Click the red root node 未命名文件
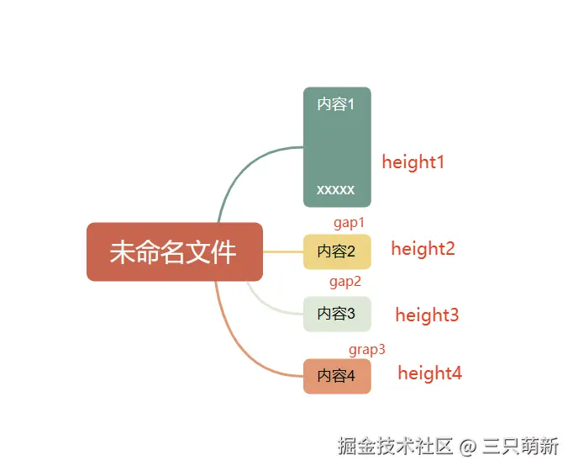(x=175, y=251)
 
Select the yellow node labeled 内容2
(x=337, y=251)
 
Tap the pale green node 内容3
(x=337, y=314)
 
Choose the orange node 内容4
(x=337, y=376)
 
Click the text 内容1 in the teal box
(x=336, y=104)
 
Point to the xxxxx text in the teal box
(x=336, y=190)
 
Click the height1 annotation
(x=413, y=162)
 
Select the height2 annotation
(x=423, y=249)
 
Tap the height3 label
(x=427, y=315)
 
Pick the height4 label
(x=429, y=373)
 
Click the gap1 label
(x=350, y=223)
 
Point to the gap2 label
(x=345, y=282)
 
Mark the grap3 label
(x=367, y=349)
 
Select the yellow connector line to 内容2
(x=283, y=251)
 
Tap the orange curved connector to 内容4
(x=244, y=345)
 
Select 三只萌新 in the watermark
(x=522, y=444)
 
